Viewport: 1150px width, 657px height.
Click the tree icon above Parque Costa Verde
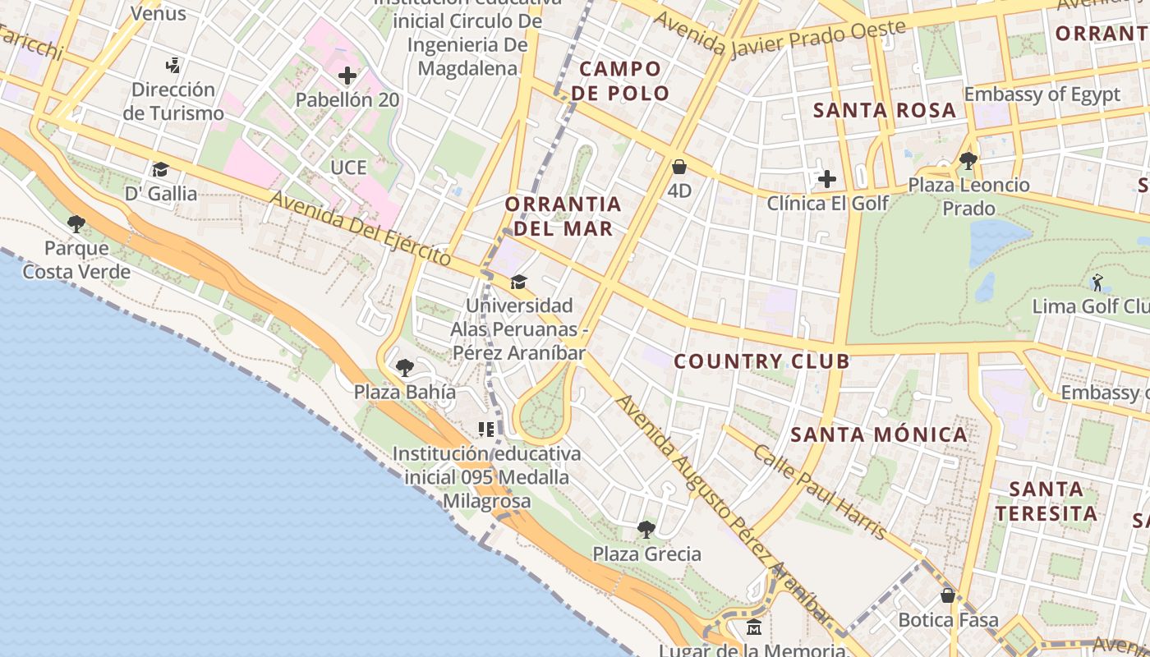pos(76,223)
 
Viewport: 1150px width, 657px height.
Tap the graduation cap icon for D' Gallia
pos(160,169)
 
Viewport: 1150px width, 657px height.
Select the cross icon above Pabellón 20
pos(347,76)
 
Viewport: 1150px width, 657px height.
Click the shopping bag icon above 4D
pos(679,168)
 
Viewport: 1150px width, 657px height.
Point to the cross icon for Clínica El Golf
pos(827,178)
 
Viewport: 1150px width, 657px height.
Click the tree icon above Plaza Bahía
pos(404,367)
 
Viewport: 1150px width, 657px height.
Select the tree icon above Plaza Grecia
pos(646,529)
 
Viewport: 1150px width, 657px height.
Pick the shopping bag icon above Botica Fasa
pos(948,595)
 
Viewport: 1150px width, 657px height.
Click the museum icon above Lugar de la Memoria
pos(754,628)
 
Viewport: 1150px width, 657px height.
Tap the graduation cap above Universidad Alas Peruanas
pos(518,282)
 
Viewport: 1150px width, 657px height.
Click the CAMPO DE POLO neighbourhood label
pos(620,80)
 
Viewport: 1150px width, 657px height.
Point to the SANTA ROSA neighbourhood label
pos(885,110)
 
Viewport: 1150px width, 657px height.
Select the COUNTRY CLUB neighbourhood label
pos(761,361)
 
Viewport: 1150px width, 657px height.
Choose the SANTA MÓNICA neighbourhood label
pos(880,434)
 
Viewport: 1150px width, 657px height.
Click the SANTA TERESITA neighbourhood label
pos(1045,501)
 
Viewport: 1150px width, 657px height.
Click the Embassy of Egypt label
pos(1042,94)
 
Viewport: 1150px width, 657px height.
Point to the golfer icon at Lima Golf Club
pos(1097,283)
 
